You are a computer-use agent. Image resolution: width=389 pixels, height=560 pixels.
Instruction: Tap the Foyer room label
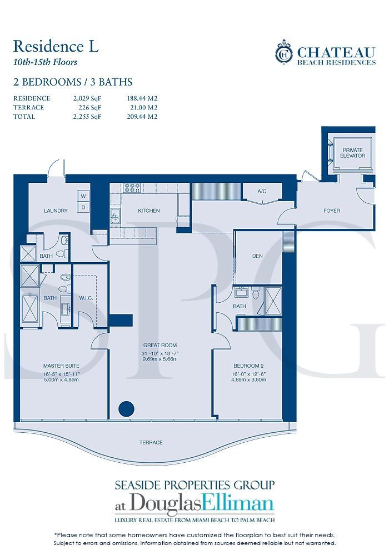[x=332, y=211]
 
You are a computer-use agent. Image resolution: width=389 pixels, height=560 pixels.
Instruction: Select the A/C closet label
[x=262, y=191]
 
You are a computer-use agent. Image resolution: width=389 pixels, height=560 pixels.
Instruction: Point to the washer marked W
[x=83, y=196]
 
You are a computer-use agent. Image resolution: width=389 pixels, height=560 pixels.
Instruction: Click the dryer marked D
[x=83, y=206]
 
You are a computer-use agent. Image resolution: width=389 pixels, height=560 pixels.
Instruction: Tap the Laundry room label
[x=56, y=211]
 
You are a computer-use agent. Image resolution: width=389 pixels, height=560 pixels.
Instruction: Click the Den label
[x=257, y=256]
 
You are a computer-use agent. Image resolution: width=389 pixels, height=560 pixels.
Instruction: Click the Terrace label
[x=151, y=442]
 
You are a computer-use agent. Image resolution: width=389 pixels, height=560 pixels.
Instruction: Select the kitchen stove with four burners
[x=132, y=188]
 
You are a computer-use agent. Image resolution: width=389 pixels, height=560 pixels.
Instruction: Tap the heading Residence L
[x=56, y=46]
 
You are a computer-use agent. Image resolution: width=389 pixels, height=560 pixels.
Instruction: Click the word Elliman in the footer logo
[x=242, y=504]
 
